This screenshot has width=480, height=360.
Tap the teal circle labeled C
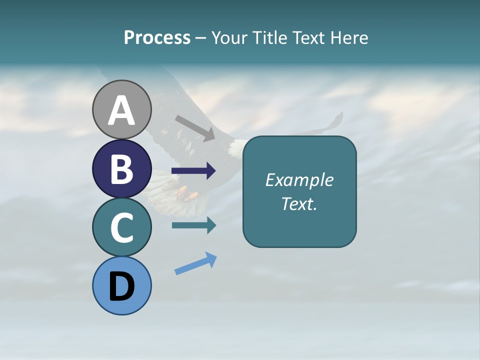click(x=121, y=227)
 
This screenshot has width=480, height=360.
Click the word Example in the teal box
click(x=299, y=180)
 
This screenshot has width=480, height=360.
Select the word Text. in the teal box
click(x=299, y=204)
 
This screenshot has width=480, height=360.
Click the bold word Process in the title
click(x=157, y=38)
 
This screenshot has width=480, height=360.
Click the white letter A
click(x=121, y=111)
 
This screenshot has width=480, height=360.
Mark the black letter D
click(x=121, y=287)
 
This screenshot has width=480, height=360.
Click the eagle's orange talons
click(x=186, y=193)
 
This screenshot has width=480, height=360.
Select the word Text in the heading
click(x=308, y=38)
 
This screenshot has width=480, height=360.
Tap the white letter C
click(x=121, y=228)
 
